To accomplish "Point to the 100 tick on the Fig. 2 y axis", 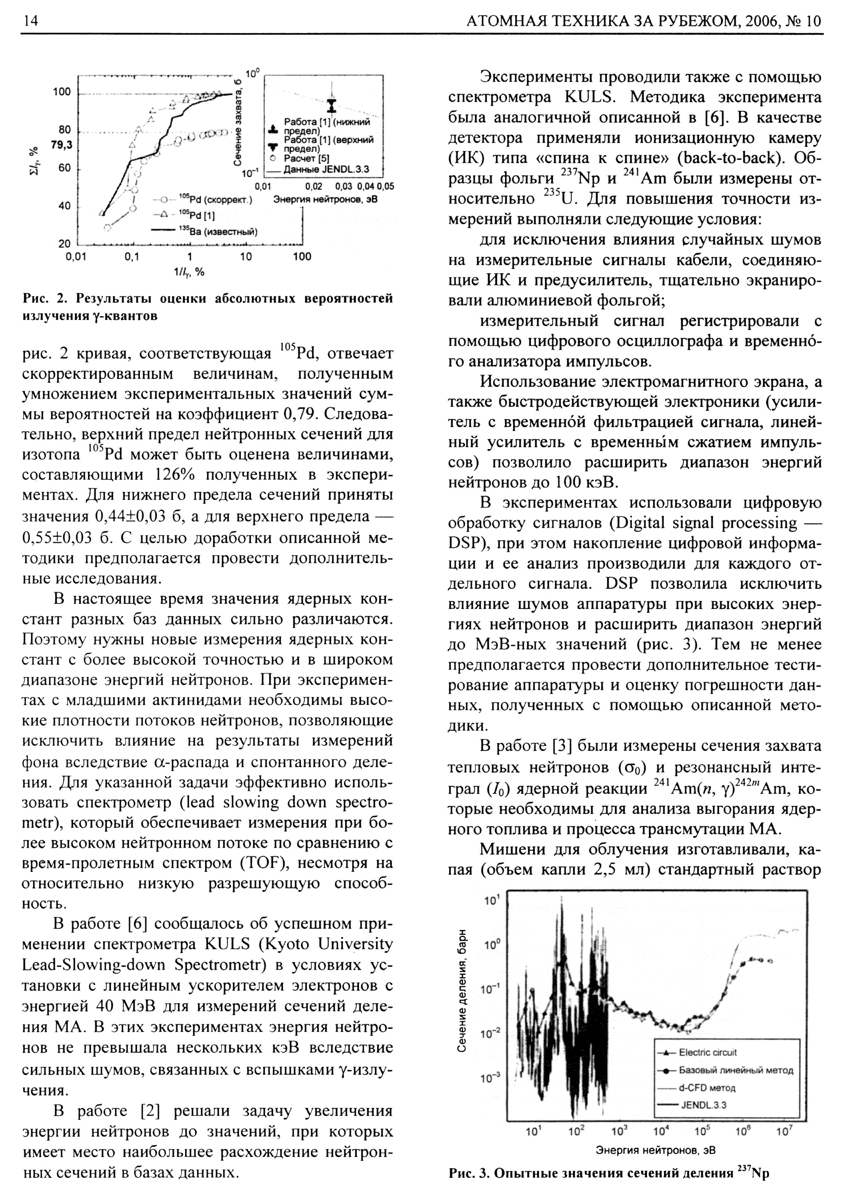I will (61, 92).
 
